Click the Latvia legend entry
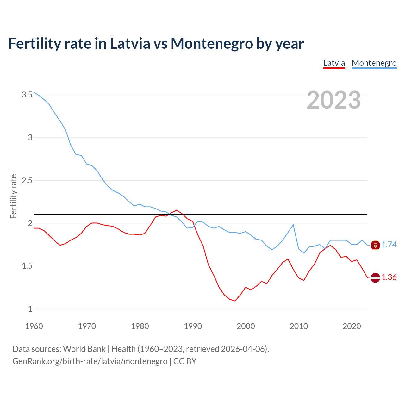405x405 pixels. tap(334, 63)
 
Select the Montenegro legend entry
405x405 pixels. tap(374, 63)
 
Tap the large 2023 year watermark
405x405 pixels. tap(333, 100)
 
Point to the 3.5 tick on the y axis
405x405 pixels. tap(27, 95)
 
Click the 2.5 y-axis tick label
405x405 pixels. tap(27, 180)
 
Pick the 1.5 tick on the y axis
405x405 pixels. tap(27, 266)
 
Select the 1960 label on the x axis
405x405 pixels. tap(34, 326)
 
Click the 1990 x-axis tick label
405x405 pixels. tap(193, 326)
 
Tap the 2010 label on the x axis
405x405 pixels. tap(299, 326)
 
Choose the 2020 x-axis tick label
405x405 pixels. tap(352, 326)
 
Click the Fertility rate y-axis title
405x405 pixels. tap(13, 196)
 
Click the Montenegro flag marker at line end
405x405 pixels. tap(375, 245)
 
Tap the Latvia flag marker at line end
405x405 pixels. tap(375, 277)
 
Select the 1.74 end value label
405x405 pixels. tap(389, 245)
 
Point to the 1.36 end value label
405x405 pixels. tap(389, 277)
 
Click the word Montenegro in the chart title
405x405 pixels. tap(212, 43)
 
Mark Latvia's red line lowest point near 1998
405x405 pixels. tap(235, 301)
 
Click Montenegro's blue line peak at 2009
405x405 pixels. tap(293, 225)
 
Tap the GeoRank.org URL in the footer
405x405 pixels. tap(90, 361)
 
